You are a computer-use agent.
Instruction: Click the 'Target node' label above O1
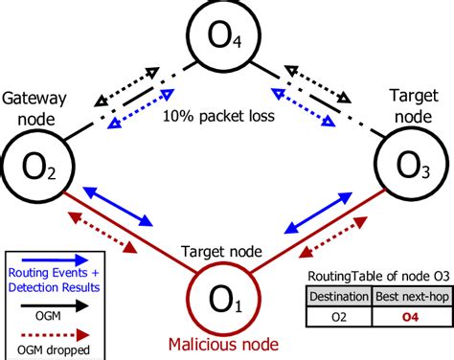[222, 251]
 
